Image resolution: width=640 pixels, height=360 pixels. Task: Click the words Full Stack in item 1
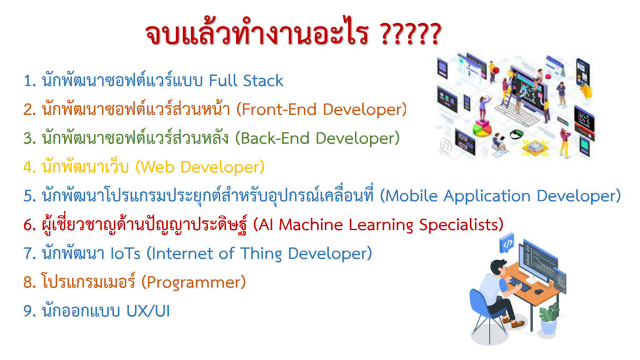click(246, 81)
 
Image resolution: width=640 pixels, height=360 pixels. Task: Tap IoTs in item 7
click(126, 254)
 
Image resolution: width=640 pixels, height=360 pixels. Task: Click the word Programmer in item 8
click(193, 282)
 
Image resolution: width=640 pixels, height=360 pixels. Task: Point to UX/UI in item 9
click(147, 311)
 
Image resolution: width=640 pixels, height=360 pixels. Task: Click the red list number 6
click(29, 225)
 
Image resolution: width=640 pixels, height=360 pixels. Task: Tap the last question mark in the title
click(434, 34)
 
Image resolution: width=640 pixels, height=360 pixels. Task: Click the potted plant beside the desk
click(548, 318)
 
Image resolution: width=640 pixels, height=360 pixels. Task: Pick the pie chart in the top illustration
click(482, 131)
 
